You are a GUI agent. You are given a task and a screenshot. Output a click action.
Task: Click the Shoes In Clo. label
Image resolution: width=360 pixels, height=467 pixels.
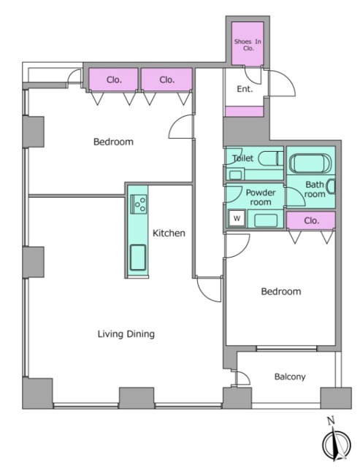[248, 45]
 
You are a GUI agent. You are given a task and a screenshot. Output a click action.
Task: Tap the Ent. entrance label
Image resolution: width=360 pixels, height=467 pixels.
[245, 89]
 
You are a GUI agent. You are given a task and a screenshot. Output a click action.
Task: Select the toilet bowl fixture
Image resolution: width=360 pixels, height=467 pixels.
[270, 158]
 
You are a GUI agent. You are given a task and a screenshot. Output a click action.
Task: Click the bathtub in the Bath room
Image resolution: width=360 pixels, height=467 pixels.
[310, 163]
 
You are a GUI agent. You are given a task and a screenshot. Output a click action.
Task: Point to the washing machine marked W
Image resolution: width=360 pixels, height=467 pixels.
[237, 218]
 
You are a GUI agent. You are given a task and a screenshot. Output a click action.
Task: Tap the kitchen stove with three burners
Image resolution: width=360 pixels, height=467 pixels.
[139, 204]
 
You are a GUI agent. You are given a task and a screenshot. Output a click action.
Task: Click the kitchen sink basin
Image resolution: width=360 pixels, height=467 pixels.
[138, 258]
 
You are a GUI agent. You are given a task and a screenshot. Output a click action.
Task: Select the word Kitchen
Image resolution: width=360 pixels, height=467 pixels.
[169, 233]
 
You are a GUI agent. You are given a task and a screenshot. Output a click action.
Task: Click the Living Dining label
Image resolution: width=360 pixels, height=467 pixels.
[126, 334]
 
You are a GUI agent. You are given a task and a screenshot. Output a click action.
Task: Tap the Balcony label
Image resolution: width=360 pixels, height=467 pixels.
[290, 377]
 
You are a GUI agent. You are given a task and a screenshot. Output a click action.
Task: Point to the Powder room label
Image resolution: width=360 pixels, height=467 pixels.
[261, 197]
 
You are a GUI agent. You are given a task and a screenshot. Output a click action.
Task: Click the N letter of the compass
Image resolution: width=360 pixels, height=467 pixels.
[331, 421]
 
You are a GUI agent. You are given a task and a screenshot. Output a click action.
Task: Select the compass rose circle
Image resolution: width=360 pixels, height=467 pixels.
[337, 445]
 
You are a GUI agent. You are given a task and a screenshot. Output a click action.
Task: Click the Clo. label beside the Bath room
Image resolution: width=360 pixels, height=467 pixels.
[311, 220]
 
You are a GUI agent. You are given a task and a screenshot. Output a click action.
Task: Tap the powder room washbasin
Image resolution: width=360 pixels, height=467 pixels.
[266, 220]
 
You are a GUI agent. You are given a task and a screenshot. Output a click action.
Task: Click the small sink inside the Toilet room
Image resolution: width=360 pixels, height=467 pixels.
[235, 175]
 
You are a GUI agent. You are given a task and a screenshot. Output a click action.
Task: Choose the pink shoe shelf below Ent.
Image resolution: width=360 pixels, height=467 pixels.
[244, 112]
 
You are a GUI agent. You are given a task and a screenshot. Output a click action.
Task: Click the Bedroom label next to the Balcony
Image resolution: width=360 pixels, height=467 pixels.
[281, 291]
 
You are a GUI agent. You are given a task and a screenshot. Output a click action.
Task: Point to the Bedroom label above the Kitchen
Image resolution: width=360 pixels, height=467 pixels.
[113, 142]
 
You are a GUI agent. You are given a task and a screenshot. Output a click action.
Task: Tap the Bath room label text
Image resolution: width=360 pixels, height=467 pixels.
[315, 190]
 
